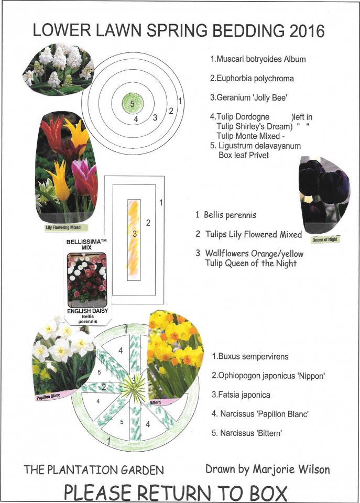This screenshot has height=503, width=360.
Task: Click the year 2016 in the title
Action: tap(307, 31)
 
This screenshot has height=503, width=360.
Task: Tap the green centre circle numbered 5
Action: tap(132, 103)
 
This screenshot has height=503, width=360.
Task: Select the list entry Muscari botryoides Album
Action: tap(258, 59)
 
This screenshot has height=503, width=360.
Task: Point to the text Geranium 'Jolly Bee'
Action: tap(248, 97)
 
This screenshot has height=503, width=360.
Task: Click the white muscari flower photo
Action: tap(58, 69)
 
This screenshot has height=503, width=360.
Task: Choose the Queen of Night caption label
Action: tap(325, 239)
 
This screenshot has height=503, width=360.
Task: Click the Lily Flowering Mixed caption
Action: tap(63, 227)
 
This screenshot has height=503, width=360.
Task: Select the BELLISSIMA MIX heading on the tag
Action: tap(86, 245)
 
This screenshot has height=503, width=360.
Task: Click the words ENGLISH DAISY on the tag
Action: tap(88, 311)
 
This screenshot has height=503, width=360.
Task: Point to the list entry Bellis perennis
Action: tap(226, 215)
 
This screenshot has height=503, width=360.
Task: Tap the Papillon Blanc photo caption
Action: tap(48, 397)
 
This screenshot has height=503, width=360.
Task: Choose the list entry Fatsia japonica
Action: tap(241, 395)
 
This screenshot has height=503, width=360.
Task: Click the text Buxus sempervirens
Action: tap(250, 356)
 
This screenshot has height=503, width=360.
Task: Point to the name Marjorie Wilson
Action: tap(291, 469)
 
